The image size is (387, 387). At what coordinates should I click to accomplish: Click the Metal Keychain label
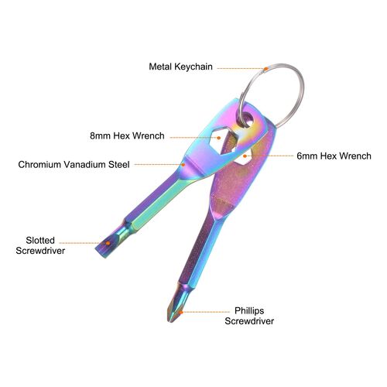180,67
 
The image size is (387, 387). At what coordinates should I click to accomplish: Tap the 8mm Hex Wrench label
127,135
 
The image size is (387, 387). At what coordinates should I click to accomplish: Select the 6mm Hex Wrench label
334,156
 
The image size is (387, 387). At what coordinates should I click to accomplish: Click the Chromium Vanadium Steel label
74,164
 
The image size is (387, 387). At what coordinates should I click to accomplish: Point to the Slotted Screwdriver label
40,245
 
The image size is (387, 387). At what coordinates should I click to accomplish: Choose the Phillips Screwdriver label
249,316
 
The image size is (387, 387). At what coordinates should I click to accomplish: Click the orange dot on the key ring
265,69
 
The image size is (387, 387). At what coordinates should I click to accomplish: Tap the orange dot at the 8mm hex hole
219,138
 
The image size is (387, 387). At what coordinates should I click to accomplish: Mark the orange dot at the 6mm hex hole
245,156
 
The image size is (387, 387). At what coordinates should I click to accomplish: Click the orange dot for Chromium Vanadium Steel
183,164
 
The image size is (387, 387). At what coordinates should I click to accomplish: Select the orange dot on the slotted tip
108,243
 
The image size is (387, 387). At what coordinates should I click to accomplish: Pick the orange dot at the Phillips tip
181,312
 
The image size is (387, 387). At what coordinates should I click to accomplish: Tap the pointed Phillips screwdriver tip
170,320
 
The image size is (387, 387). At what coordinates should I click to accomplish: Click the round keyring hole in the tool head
248,120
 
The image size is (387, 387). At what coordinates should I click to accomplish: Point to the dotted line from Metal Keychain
240,68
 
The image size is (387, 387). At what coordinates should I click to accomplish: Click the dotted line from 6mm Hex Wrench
270,156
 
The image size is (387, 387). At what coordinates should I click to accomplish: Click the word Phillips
249,311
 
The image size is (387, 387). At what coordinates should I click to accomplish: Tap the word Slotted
40,241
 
